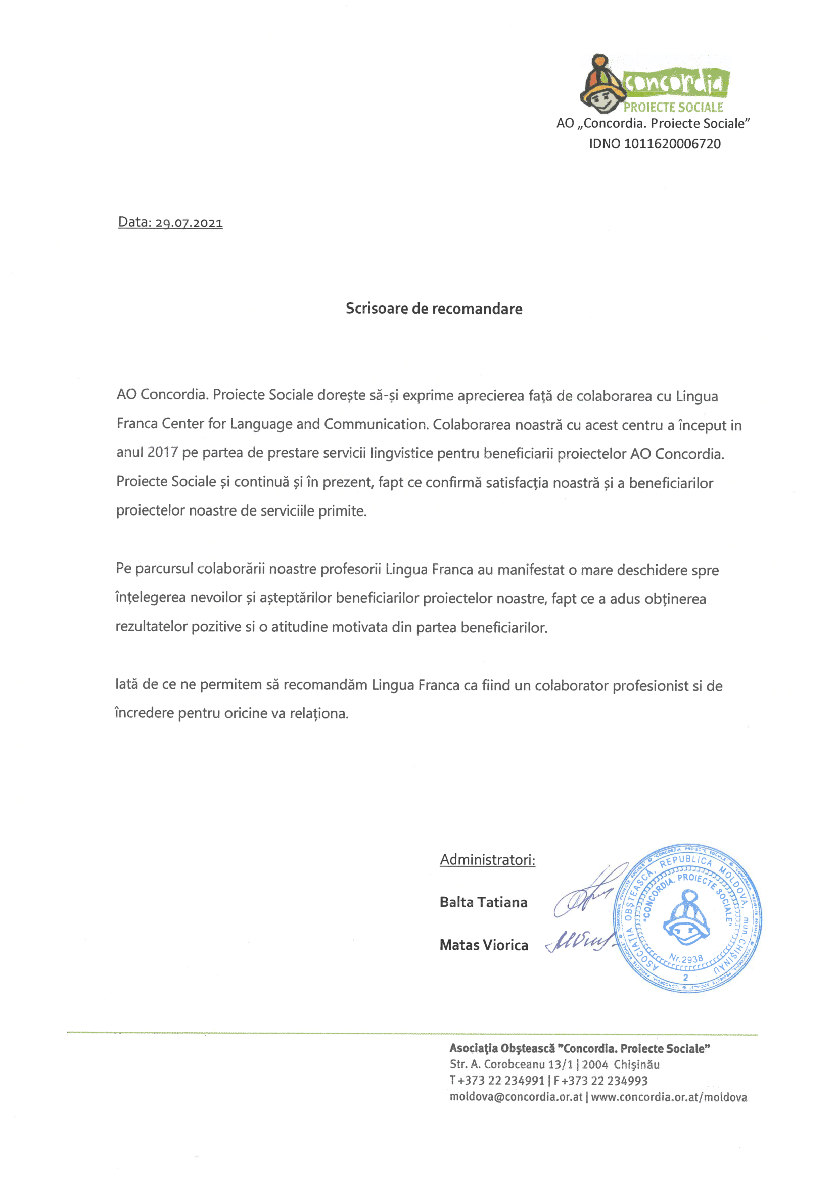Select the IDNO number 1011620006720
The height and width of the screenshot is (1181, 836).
[x=672, y=144]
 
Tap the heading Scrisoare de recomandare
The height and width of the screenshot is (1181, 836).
[x=434, y=309]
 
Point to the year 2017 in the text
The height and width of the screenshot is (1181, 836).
[x=162, y=453]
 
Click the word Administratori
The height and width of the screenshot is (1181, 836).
[x=487, y=860]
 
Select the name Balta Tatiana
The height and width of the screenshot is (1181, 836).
[x=483, y=902]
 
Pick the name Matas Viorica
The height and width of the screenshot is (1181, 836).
[x=483, y=945]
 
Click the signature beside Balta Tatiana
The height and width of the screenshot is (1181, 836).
[x=587, y=895]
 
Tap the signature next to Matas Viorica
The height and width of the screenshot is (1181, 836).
[x=579, y=941]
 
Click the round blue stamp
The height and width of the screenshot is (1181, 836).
[x=687, y=918]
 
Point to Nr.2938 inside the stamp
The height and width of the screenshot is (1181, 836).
[x=686, y=959]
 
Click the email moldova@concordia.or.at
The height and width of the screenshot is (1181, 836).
[x=516, y=1097]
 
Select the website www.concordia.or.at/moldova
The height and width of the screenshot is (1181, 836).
[x=669, y=1097]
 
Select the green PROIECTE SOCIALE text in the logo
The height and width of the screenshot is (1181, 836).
[x=673, y=107]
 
